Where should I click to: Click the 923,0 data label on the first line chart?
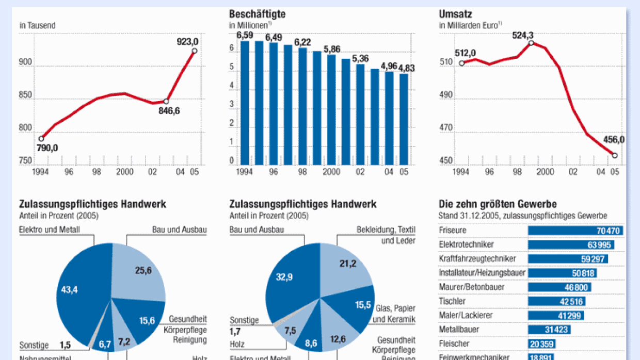point(188,41)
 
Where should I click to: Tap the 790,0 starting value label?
point(47,148)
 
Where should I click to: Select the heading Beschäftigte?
point(257,14)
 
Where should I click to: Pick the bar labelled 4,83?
point(404,119)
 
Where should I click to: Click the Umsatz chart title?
point(455,14)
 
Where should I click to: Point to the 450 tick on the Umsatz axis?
point(445,161)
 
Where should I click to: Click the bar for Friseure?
point(575,231)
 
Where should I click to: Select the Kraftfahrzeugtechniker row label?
point(477,258)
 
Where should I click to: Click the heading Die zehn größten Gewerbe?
point(498,204)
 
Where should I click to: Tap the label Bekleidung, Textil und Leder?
point(386,235)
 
